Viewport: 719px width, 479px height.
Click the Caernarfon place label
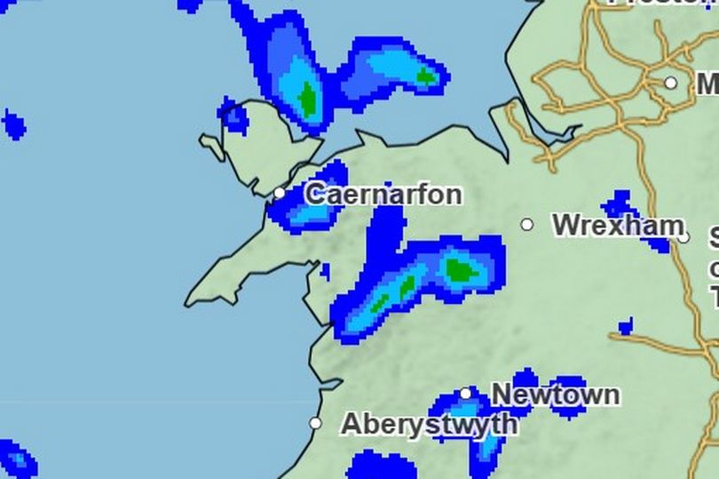(x=383, y=194)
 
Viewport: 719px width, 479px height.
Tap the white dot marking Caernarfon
(x=280, y=193)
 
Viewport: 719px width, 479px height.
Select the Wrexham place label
(x=618, y=225)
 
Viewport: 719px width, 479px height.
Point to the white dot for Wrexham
(x=527, y=225)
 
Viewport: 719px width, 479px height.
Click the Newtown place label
(x=555, y=394)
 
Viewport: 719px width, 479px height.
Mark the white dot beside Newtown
(x=466, y=394)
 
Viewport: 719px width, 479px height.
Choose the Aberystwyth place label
(x=429, y=424)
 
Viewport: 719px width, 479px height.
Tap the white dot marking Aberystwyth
(x=315, y=423)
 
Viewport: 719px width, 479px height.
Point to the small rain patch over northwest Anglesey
(x=234, y=116)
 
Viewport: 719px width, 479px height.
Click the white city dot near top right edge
(x=671, y=83)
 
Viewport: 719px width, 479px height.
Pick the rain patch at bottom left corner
(x=16, y=459)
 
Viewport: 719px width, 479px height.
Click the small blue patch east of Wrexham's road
(x=626, y=327)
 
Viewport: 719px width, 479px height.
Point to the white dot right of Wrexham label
(x=684, y=236)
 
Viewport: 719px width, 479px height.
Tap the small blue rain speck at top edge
(x=189, y=4)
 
